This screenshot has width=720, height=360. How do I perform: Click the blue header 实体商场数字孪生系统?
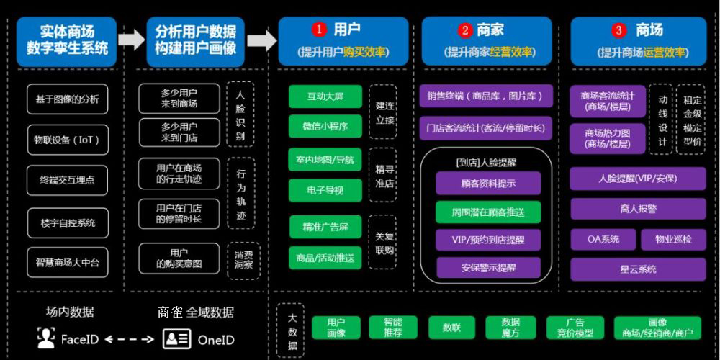tap(67, 41)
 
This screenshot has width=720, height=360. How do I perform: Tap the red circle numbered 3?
tap(619, 30)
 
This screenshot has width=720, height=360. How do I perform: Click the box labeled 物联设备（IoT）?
tap(67, 139)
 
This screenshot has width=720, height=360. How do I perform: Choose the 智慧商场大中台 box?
tap(67, 263)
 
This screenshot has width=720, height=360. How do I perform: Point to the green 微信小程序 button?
tap(325, 126)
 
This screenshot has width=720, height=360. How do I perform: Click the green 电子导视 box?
tap(325, 191)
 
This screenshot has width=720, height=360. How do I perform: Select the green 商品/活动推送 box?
tap(325, 257)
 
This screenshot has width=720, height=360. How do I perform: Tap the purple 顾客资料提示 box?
tap(487, 183)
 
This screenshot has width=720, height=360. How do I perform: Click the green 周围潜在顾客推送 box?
tap(487, 212)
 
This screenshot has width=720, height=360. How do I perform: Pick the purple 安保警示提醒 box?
tap(487, 268)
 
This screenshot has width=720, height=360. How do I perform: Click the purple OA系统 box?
tap(603, 239)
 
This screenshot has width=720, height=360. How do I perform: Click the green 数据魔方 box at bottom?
tap(510, 328)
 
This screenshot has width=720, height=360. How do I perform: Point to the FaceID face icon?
tap(46, 338)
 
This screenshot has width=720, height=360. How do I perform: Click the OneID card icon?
tap(176, 338)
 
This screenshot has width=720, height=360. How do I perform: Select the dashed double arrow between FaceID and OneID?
tap(130, 339)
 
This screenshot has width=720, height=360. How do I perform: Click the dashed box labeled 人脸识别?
tap(240, 115)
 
